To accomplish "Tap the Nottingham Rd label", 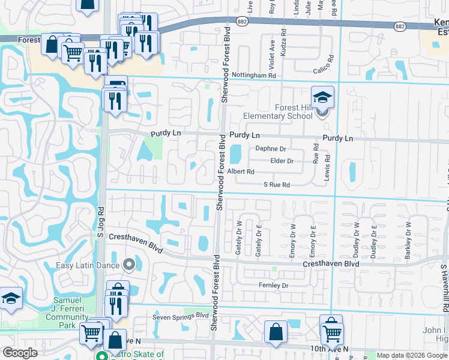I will coord(255,76).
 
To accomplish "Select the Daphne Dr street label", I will coord(271,148).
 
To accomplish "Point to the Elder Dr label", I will coord(282,161).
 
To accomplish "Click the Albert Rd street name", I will coord(240,172).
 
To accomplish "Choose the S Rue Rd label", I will coord(277,185).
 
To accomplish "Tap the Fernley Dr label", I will coord(273,285).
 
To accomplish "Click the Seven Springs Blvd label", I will coord(179,315).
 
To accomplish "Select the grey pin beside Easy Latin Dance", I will coord(128,264).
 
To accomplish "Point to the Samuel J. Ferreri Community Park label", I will coord(59,308).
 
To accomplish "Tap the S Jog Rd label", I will coord(101,223).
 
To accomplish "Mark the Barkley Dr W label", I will coord(408,240).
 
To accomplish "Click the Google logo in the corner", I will coord(20,353).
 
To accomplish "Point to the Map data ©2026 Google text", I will coord(411,355).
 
